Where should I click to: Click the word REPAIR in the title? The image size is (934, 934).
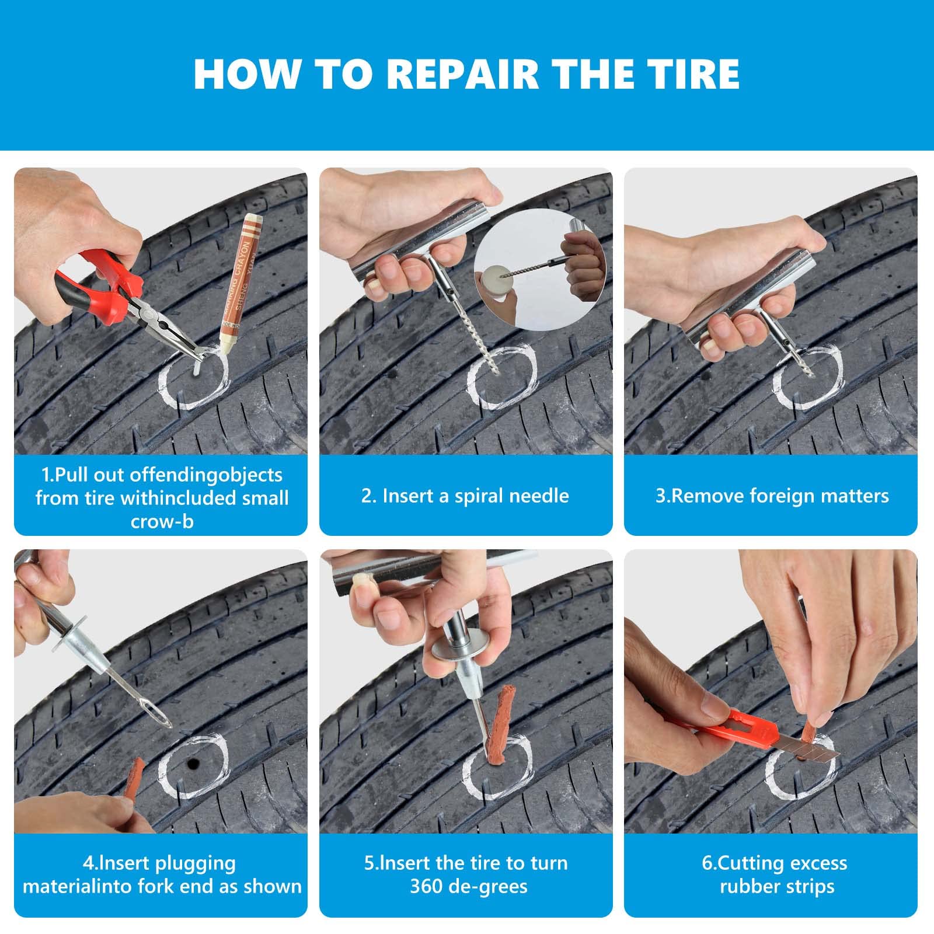pyautogui.click(x=462, y=74)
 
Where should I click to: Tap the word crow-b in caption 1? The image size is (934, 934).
pyautogui.click(x=162, y=521)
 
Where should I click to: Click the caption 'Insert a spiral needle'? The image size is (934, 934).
pyautogui.click(x=465, y=496)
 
